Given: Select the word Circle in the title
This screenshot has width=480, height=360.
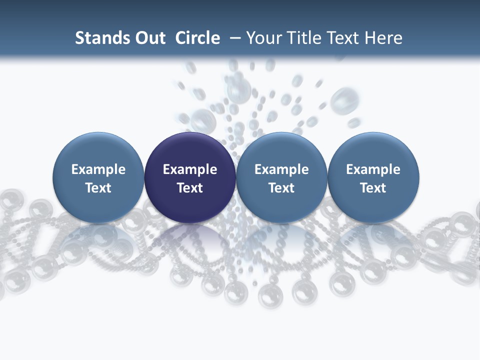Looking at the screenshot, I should pyautogui.click(x=197, y=38).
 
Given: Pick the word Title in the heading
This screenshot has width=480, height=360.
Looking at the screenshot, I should pyautogui.click(x=306, y=38).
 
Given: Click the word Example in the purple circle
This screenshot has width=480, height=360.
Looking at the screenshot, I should pyautogui.click(x=190, y=169).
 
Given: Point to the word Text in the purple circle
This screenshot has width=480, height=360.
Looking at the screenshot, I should pyautogui.click(x=190, y=188).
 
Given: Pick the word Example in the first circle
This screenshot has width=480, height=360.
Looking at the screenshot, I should pyautogui.click(x=98, y=169).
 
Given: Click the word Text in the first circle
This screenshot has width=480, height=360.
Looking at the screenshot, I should pyautogui.click(x=98, y=188).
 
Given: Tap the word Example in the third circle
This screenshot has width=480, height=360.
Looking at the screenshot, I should pyautogui.click(x=281, y=169).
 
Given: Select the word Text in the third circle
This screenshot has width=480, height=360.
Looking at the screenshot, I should pyautogui.click(x=281, y=188).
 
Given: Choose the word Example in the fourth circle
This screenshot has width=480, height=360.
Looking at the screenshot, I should pyautogui.click(x=373, y=169).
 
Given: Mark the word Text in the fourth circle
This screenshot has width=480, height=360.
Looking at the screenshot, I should pyautogui.click(x=373, y=188).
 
